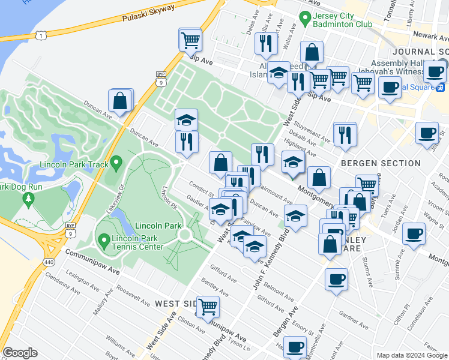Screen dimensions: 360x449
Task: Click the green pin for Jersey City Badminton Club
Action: tap(306, 17)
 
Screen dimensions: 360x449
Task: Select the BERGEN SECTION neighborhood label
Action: tap(381, 163)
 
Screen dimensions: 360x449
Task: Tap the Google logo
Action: tap(20, 353)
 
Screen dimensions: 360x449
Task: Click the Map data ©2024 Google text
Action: tap(412, 355)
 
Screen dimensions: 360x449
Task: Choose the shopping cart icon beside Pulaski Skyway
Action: tap(190, 40)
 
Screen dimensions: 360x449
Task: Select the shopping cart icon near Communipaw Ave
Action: tap(208, 307)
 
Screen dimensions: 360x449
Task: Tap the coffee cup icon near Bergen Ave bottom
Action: tap(294, 346)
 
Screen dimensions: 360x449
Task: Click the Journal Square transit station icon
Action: tap(441, 86)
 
